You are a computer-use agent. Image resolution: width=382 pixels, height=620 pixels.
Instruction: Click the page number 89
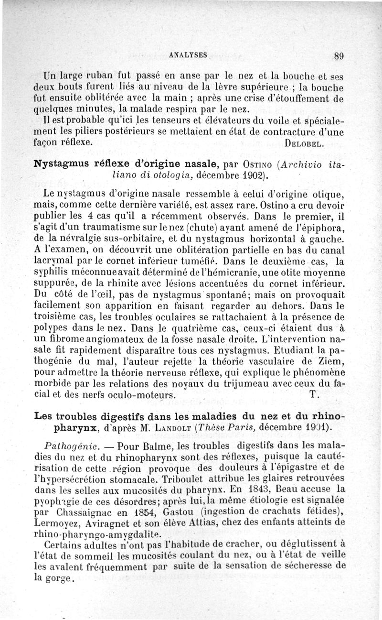click(339, 55)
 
